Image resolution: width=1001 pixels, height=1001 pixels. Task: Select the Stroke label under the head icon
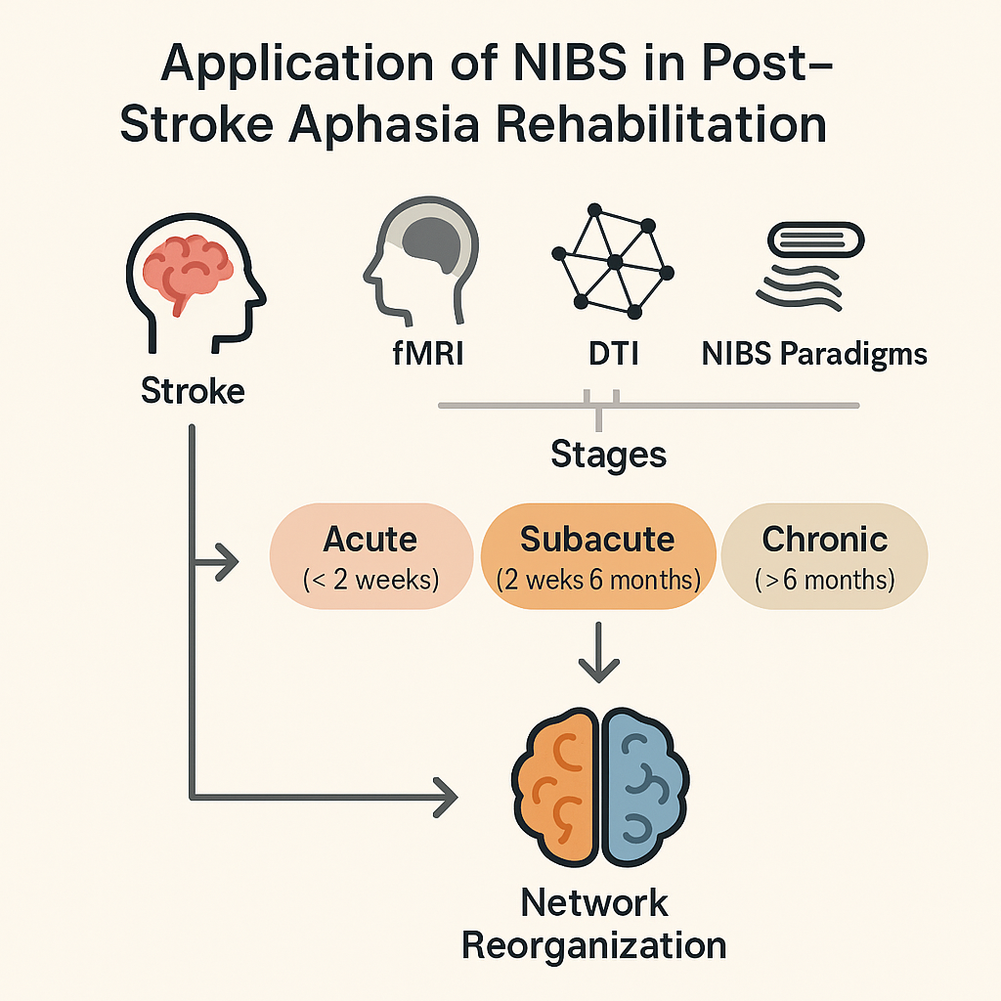tap(193, 391)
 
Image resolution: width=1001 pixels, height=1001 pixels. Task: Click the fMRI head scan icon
tap(420, 259)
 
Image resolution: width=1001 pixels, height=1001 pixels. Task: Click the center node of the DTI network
tap(615, 262)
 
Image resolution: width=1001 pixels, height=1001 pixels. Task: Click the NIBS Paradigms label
tap(814, 353)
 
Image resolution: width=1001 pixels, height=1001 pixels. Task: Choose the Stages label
tap(608, 454)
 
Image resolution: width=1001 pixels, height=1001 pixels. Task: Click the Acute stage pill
tap(370, 555)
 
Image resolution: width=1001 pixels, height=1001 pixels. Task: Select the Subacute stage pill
tap(597, 555)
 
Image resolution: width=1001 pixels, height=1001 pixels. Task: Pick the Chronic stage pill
tap(824, 555)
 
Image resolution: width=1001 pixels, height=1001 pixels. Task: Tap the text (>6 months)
tap(825, 580)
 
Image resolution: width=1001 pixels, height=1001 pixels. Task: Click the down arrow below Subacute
tap(598, 658)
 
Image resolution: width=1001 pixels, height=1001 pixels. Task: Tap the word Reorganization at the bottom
tap(593, 946)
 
